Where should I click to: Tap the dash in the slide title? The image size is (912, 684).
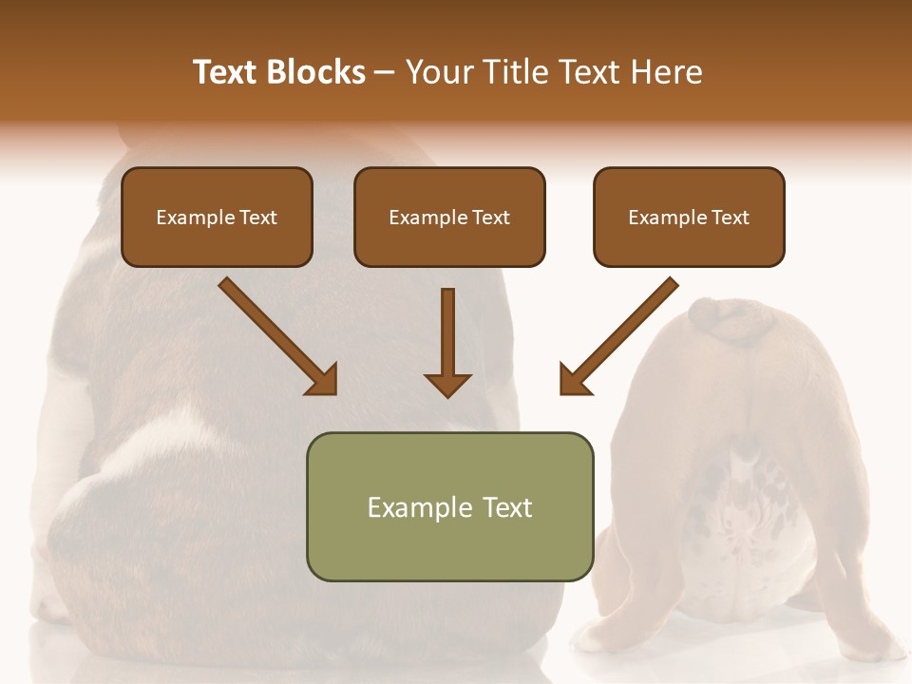coord(385,73)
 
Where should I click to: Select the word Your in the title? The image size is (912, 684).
coord(438,72)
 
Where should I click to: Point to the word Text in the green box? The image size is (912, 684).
coord(506,507)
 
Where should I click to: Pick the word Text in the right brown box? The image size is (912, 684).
coord(730,218)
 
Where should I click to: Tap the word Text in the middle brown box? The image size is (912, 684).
coord(490,218)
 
